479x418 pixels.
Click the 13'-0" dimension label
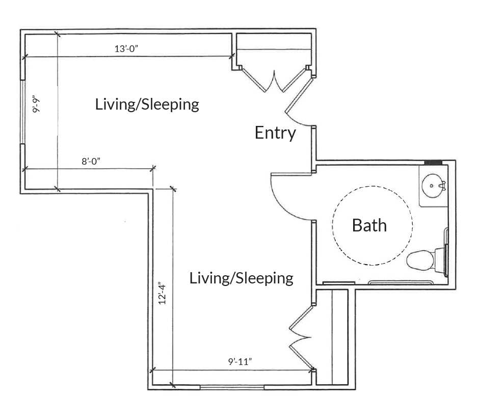pos(126,48)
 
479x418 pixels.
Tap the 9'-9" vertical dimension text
pos(36,106)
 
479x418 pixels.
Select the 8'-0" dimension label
pos(91,161)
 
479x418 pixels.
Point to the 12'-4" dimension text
pos(162,293)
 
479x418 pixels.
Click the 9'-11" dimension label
pos(240,361)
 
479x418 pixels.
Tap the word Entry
pos(275,133)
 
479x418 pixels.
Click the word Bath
pos(369,225)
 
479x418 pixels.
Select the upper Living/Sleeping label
pos(147,104)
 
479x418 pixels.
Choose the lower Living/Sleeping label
pos(242,278)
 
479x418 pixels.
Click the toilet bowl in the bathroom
pos(420,260)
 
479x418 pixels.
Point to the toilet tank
pos(440,260)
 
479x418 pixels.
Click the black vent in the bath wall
pos(433,163)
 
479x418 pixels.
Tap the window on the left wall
pos(22,112)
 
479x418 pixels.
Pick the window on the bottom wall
pos(232,387)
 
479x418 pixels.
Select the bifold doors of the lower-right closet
pos(301,337)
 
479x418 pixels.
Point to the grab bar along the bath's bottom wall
pos(401,282)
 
